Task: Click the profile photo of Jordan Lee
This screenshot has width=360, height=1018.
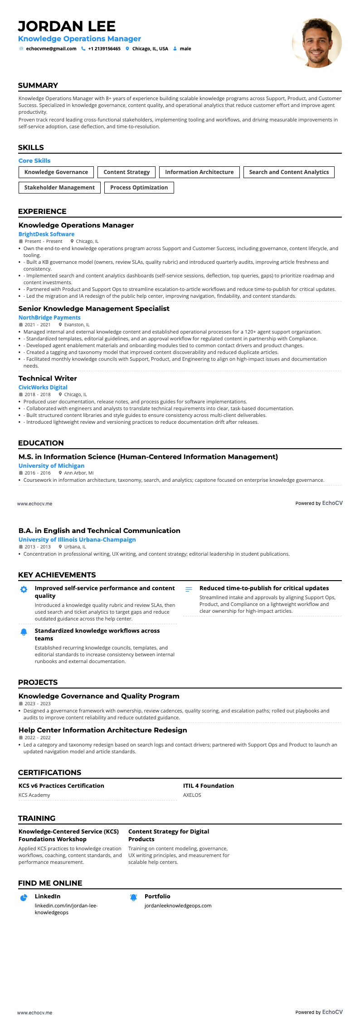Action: click(x=316, y=43)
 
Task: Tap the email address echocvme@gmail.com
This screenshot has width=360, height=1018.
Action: click(x=51, y=48)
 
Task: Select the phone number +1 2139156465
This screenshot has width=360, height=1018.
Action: click(x=104, y=48)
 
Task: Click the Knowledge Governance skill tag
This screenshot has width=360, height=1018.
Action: click(x=56, y=172)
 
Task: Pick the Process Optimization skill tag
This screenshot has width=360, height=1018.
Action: click(x=139, y=188)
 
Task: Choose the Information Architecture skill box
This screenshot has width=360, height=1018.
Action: click(x=199, y=172)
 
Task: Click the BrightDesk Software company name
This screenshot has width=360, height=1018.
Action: click(x=46, y=234)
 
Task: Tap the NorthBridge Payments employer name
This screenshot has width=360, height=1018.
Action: click(x=49, y=318)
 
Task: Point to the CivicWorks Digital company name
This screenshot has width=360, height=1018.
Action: click(x=43, y=388)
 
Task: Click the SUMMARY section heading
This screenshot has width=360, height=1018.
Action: click(x=38, y=86)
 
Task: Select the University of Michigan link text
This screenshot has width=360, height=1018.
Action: click(x=51, y=466)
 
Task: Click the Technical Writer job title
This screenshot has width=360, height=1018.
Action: click(x=48, y=378)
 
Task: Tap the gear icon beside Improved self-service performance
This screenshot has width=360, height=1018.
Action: click(x=24, y=590)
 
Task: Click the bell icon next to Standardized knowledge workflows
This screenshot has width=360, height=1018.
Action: click(x=24, y=632)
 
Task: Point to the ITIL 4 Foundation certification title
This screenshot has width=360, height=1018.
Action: click(x=209, y=786)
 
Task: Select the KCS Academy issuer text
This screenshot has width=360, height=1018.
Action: click(x=34, y=795)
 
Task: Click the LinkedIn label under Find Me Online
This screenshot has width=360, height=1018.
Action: click(x=48, y=897)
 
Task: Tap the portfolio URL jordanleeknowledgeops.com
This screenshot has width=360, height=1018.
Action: click(x=178, y=906)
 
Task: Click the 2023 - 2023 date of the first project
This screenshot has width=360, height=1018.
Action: click(x=38, y=704)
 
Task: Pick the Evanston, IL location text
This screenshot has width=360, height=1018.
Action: click(x=77, y=325)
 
